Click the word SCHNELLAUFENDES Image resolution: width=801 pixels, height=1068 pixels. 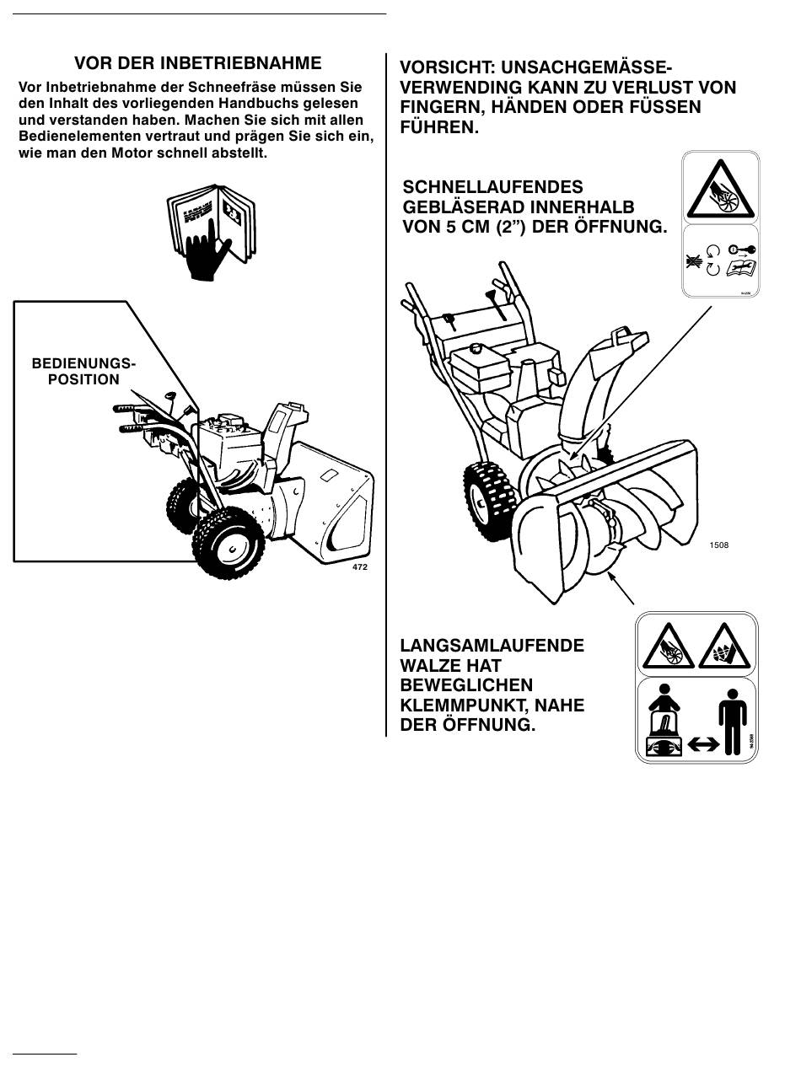click(493, 187)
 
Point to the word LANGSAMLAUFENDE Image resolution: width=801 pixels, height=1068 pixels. click(492, 647)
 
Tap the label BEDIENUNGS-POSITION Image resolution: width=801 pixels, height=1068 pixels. click(83, 372)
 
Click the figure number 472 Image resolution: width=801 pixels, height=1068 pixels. click(359, 567)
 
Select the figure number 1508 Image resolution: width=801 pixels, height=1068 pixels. click(719, 545)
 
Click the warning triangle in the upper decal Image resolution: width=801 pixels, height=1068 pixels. click(720, 191)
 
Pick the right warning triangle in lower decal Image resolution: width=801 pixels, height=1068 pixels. click(724, 648)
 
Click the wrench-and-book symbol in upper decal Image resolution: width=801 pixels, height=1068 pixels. click(741, 268)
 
